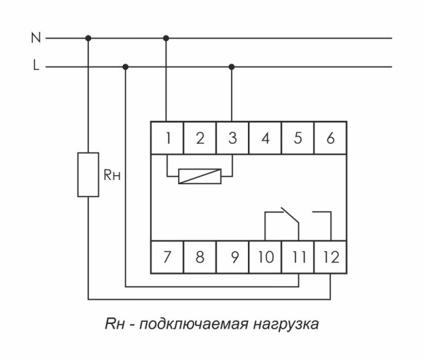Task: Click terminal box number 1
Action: (x=167, y=138)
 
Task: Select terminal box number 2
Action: (x=200, y=138)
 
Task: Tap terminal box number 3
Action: (x=232, y=138)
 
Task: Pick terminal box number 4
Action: (x=265, y=138)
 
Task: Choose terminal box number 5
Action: (x=298, y=138)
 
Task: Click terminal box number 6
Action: (x=330, y=138)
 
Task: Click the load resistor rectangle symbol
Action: (x=88, y=174)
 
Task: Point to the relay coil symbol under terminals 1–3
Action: (x=200, y=176)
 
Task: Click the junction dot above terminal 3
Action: (x=232, y=67)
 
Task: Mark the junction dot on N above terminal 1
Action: (x=167, y=38)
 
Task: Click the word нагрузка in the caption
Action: (x=285, y=325)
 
